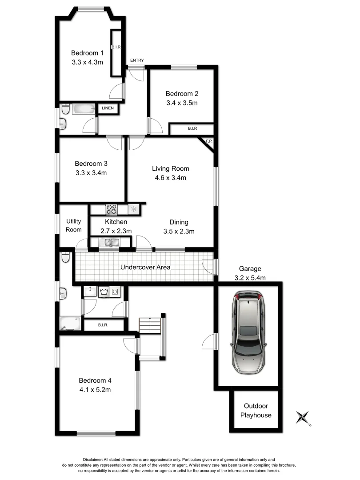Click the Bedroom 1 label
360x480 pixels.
(87, 53)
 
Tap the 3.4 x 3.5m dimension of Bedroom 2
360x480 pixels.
(181, 103)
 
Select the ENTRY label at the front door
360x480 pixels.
(137, 60)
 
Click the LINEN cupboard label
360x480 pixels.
(108, 108)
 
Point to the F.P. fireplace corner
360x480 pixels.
(208, 141)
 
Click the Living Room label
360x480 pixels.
(170, 168)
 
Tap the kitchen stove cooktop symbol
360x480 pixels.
(111, 209)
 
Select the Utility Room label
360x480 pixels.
(74, 225)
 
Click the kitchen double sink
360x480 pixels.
(109, 242)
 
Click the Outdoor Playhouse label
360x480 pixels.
(256, 411)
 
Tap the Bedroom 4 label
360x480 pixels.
(95, 380)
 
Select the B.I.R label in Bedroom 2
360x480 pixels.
(192, 128)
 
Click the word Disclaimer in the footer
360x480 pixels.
(92, 460)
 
